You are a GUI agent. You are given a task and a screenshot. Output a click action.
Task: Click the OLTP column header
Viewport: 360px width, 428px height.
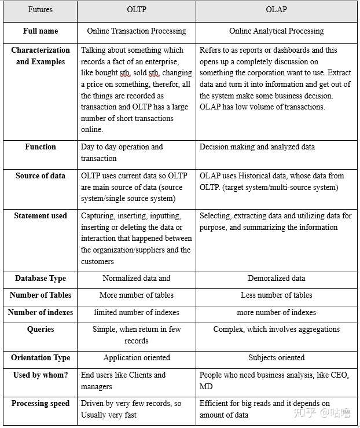click(x=136, y=10)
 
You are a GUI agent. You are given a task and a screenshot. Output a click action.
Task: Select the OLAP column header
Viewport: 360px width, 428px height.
click(x=276, y=10)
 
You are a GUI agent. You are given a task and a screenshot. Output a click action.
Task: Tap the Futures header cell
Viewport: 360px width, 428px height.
click(x=40, y=10)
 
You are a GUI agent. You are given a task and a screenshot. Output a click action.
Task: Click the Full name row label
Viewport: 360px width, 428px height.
click(x=40, y=31)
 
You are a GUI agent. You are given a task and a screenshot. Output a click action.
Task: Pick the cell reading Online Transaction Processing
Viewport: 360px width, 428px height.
click(x=136, y=31)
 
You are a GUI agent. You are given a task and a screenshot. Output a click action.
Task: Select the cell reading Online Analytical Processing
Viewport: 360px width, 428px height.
click(x=276, y=31)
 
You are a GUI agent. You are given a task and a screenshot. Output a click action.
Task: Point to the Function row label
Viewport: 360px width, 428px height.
click(x=40, y=147)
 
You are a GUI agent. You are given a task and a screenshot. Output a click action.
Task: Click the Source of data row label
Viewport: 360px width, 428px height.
click(x=40, y=175)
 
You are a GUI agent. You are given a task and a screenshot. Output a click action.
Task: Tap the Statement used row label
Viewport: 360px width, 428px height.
click(x=40, y=215)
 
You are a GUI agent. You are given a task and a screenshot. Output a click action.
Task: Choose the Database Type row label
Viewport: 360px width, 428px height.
click(x=40, y=278)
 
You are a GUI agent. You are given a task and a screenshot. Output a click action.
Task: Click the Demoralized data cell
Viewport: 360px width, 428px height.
click(x=276, y=278)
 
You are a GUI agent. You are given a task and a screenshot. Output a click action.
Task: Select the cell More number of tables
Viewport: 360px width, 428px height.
click(x=136, y=295)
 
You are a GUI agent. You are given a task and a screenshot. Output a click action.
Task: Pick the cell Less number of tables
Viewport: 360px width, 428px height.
click(x=276, y=295)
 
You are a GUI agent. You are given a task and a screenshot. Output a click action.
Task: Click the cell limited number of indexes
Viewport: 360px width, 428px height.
click(x=136, y=312)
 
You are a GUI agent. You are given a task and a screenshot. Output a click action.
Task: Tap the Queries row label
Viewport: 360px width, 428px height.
click(x=40, y=329)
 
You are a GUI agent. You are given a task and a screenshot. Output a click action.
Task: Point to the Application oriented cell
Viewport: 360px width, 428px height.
click(x=136, y=357)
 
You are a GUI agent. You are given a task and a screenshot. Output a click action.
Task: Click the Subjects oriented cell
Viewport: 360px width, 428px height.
click(x=276, y=357)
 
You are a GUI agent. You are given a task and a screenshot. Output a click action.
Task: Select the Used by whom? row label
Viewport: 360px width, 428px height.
click(x=40, y=375)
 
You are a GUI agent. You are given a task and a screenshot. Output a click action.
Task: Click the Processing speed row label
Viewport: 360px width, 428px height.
click(x=40, y=403)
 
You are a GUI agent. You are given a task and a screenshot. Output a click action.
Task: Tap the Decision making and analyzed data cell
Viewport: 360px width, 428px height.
click(x=257, y=147)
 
